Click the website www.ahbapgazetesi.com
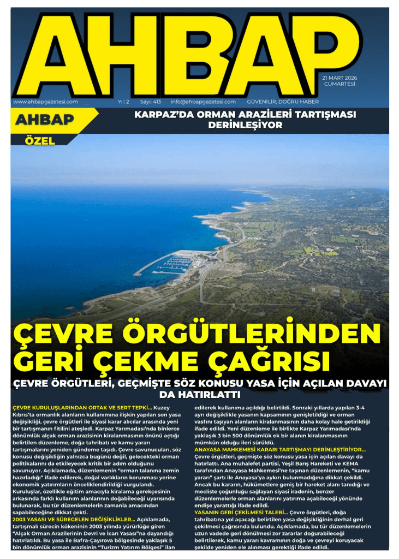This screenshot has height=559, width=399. tap(45, 102)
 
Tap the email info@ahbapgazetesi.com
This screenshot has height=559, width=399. tap(203, 102)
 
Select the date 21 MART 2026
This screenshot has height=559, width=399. tap(340, 78)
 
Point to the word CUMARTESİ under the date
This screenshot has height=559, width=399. tap(340, 84)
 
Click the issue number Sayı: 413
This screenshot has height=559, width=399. tap(151, 102)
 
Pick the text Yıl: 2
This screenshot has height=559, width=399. tap(123, 102)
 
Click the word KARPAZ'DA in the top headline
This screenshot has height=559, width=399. tap(162, 115)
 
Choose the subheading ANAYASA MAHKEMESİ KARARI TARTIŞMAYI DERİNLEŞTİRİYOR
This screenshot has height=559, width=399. tap(279, 449)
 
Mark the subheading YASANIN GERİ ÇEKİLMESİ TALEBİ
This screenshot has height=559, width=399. tap(241, 512)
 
